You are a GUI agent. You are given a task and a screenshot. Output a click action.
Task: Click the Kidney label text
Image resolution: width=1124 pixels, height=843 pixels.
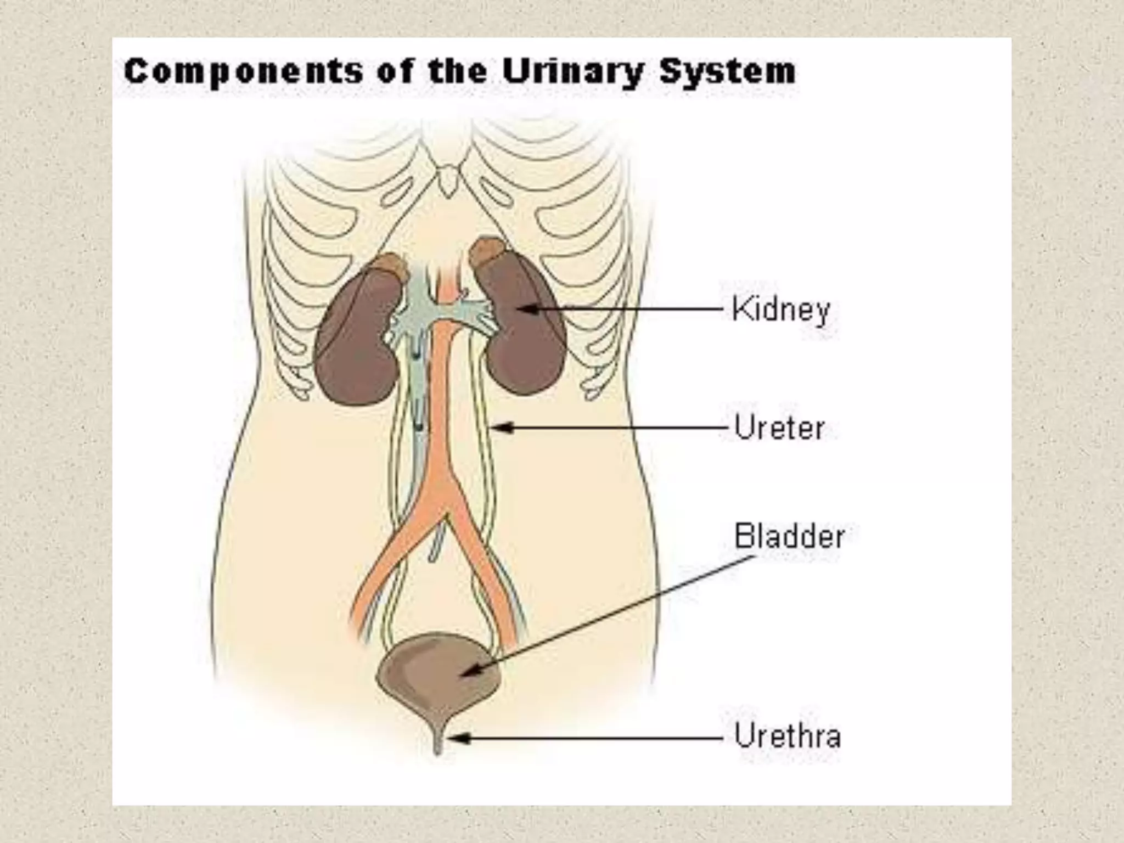[780, 310]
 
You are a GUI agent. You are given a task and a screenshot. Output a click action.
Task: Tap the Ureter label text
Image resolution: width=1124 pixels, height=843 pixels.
[779, 428]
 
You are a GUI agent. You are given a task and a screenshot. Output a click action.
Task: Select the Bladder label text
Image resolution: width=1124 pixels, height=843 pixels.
[789, 536]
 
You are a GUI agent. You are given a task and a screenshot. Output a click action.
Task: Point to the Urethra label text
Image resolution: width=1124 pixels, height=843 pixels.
[787, 735]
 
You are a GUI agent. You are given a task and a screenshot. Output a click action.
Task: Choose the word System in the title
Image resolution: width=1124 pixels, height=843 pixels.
[728, 71]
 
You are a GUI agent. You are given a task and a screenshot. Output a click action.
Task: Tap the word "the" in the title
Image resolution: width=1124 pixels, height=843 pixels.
[457, 71]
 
